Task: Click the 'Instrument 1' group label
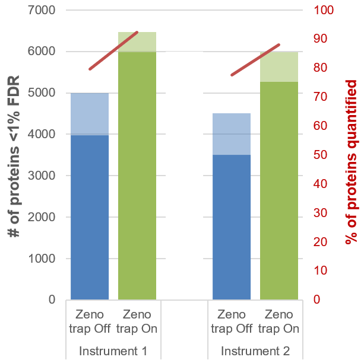tap(113, 351)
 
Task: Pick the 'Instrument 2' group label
tap(255, 351)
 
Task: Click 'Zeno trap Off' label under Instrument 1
tap(89, 321)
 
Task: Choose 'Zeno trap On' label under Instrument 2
tap(279, 321)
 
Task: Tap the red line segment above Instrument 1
tap(113, 50)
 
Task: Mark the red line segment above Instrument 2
tap(255, 60)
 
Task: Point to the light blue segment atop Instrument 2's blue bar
tap(232, 134)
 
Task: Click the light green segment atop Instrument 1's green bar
tap(137, 42)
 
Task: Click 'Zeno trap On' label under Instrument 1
tap(137, 321)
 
